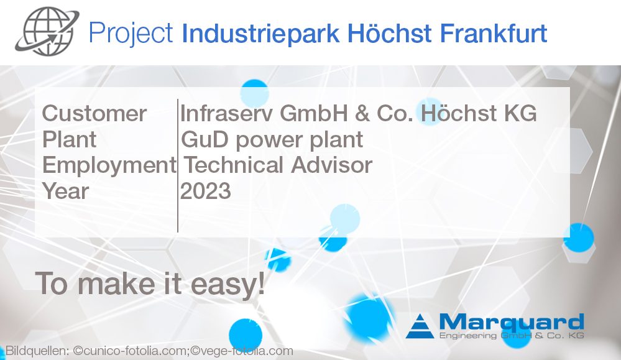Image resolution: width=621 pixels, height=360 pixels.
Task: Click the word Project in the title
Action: point(131,32)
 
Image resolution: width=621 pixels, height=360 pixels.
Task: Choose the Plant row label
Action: point(70,139)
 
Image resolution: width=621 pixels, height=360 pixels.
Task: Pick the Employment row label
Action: point(109,165)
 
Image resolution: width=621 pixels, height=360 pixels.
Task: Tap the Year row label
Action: point(66,191)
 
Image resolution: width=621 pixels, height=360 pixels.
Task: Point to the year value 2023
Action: point(206,191)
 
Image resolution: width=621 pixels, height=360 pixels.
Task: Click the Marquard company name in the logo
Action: point(511,322)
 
